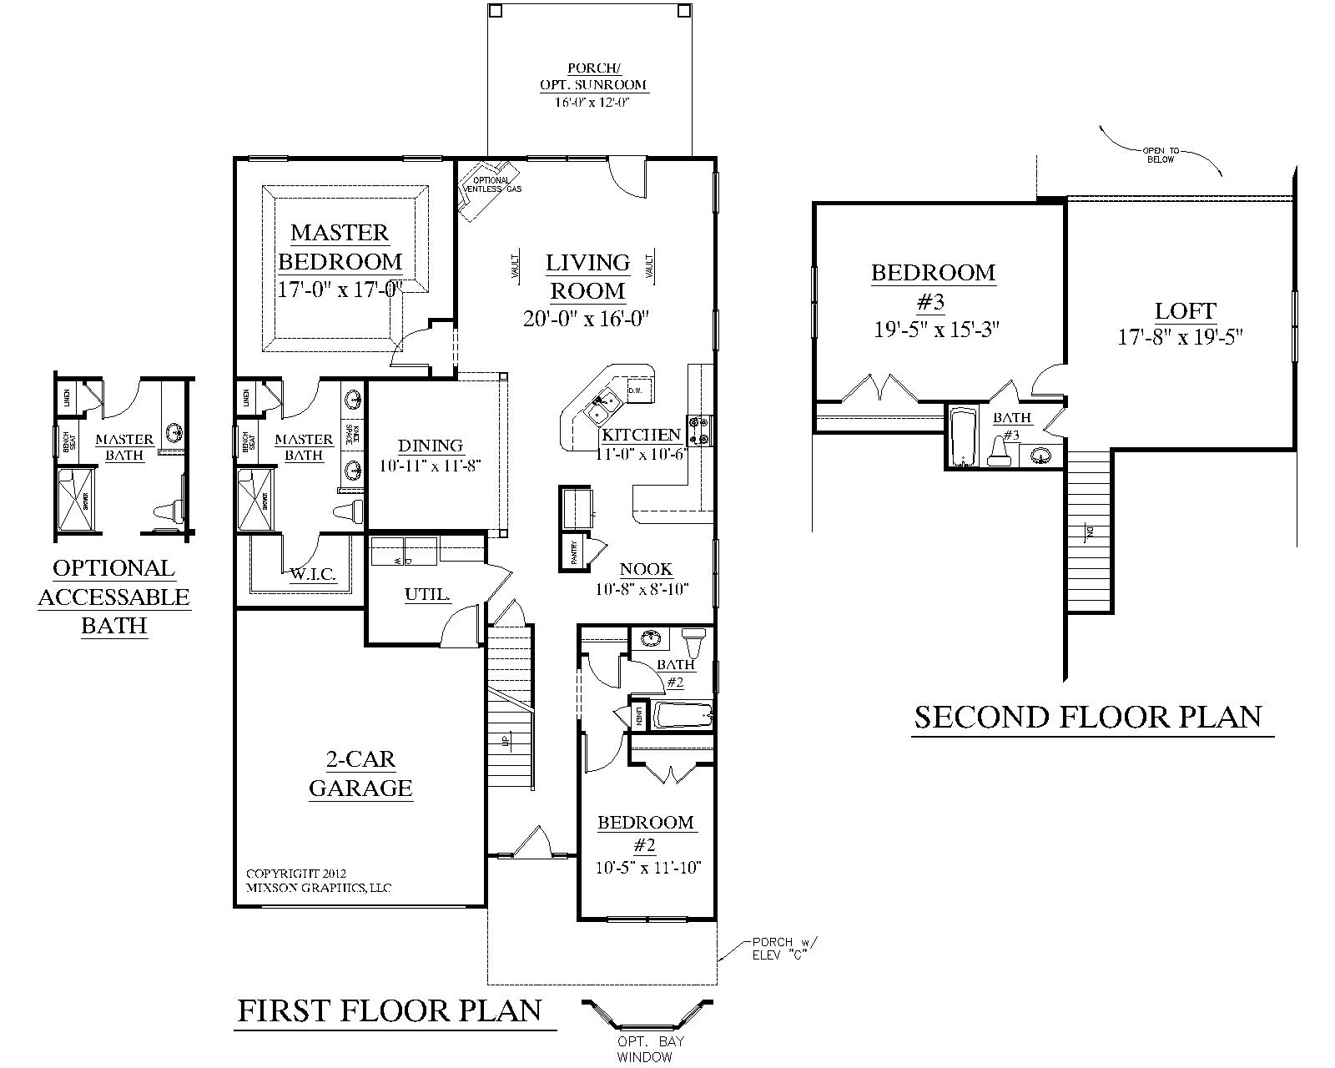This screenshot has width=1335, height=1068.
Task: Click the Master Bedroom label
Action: [340, 247]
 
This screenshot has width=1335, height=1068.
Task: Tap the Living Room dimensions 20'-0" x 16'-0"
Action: [587, 319]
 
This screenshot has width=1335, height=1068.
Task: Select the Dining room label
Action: [431, 446]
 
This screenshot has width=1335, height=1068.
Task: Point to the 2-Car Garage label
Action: [360, 773]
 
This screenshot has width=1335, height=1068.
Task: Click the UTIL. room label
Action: [428, 595]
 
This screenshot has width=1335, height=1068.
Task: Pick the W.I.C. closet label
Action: [313, 574]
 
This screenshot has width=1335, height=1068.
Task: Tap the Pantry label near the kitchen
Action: [574, 554]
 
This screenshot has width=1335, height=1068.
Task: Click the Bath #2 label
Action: [675, 673]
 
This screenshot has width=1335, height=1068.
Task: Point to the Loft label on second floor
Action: [1186, 312]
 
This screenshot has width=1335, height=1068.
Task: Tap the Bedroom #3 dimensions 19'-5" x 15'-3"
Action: [936, 330]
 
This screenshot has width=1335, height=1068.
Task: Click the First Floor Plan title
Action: [390, 1010]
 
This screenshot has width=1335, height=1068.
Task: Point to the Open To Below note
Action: [1160, 155]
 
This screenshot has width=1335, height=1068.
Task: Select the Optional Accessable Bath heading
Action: [114, 597]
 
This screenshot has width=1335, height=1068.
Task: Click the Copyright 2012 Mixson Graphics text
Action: [318, 880]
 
